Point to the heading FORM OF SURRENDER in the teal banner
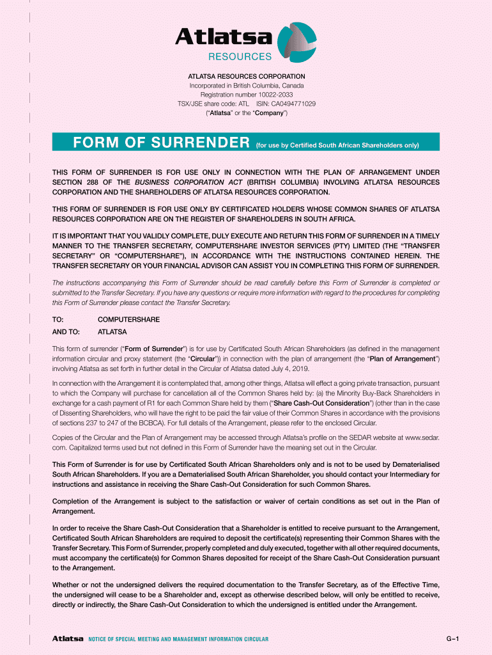coord(160,142)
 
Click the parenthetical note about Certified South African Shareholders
coord(337,145)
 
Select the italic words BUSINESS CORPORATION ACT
coord(183,182)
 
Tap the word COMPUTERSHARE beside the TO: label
coord(128,319)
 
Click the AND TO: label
coord(66,332)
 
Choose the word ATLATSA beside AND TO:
coord(112,332)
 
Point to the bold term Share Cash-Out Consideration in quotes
coord(320,404)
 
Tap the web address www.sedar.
coord(418,437)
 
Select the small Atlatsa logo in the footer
coord(68,639)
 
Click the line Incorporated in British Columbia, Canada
coord(246,86)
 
